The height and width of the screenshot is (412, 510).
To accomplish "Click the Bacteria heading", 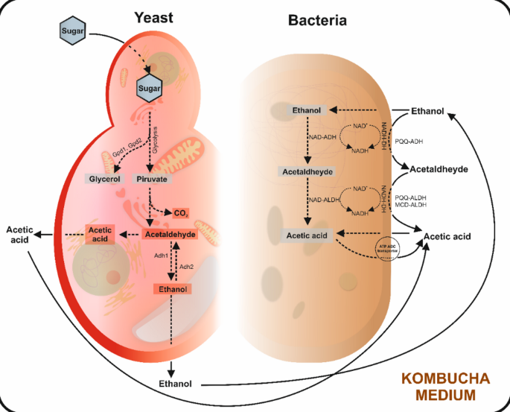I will [317, 20].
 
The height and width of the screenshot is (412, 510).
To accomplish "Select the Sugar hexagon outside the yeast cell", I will [73, 31].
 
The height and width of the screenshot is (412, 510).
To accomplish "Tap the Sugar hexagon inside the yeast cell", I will [150, 89].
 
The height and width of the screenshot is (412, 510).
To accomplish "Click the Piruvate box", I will [152, 180].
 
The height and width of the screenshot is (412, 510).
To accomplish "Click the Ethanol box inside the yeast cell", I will [171, 288].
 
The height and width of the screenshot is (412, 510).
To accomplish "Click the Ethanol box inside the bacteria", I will [306, 111].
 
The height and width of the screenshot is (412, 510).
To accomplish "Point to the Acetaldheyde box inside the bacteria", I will [308, 171].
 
